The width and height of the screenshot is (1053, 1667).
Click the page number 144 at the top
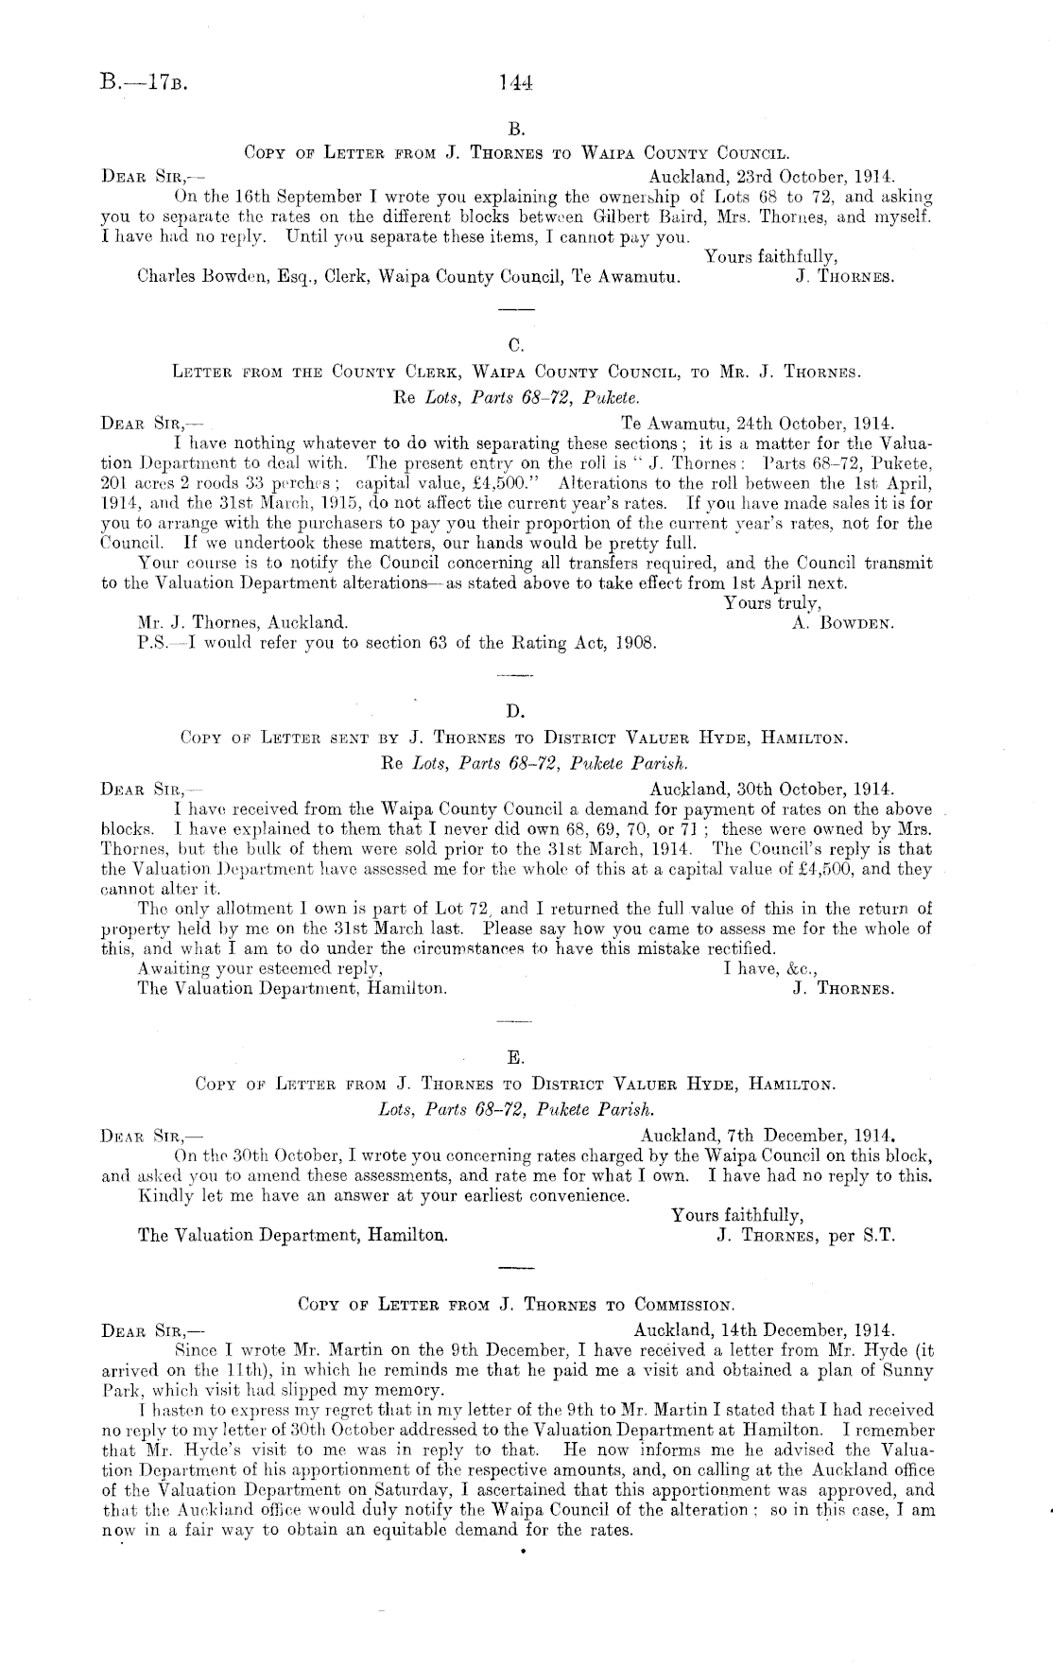(x=517, y=83)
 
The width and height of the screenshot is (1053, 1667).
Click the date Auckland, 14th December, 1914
(x=765, y=1329)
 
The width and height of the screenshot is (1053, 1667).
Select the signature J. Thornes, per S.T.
(x=805, y=1235)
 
